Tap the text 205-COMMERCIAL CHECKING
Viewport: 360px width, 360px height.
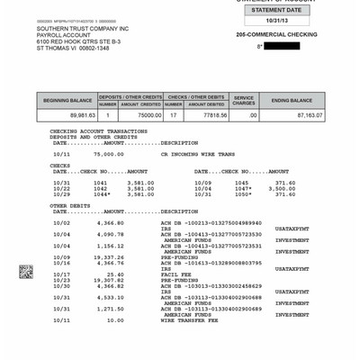274,34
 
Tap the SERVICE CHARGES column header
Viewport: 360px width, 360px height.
244,100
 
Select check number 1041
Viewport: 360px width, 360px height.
100,182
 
